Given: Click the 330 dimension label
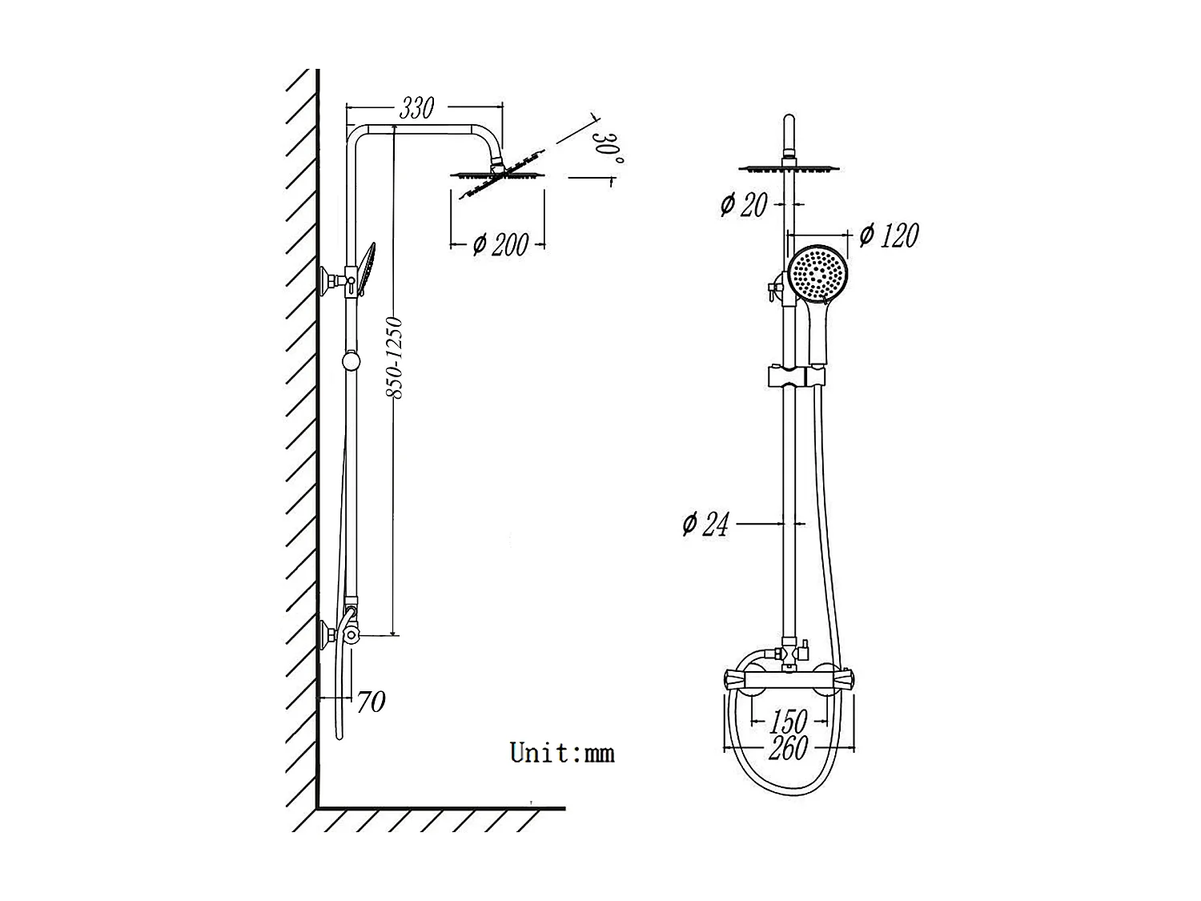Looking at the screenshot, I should [416, 108].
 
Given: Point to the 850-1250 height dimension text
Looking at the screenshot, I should [394, 358].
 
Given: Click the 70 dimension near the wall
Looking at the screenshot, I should [371, 702].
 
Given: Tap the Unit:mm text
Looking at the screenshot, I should [562, 753].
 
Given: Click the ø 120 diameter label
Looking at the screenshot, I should [888, 235].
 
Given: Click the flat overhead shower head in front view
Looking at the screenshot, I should [789, 169].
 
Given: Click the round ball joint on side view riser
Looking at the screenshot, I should [351, 362].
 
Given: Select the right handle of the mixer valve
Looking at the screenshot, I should [848, 679].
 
